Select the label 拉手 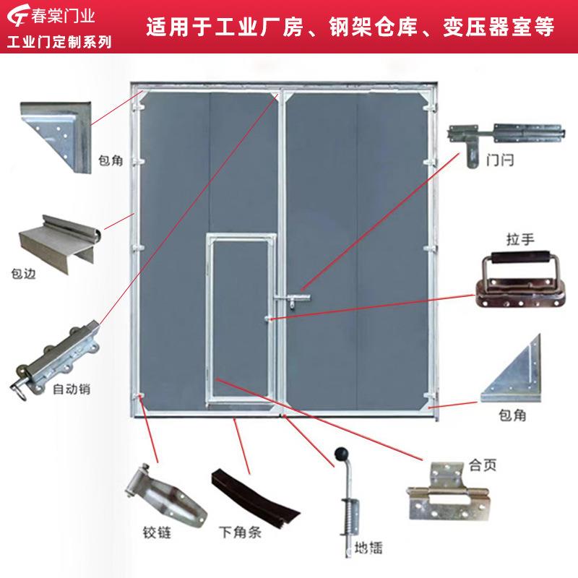tap(521, 238)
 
